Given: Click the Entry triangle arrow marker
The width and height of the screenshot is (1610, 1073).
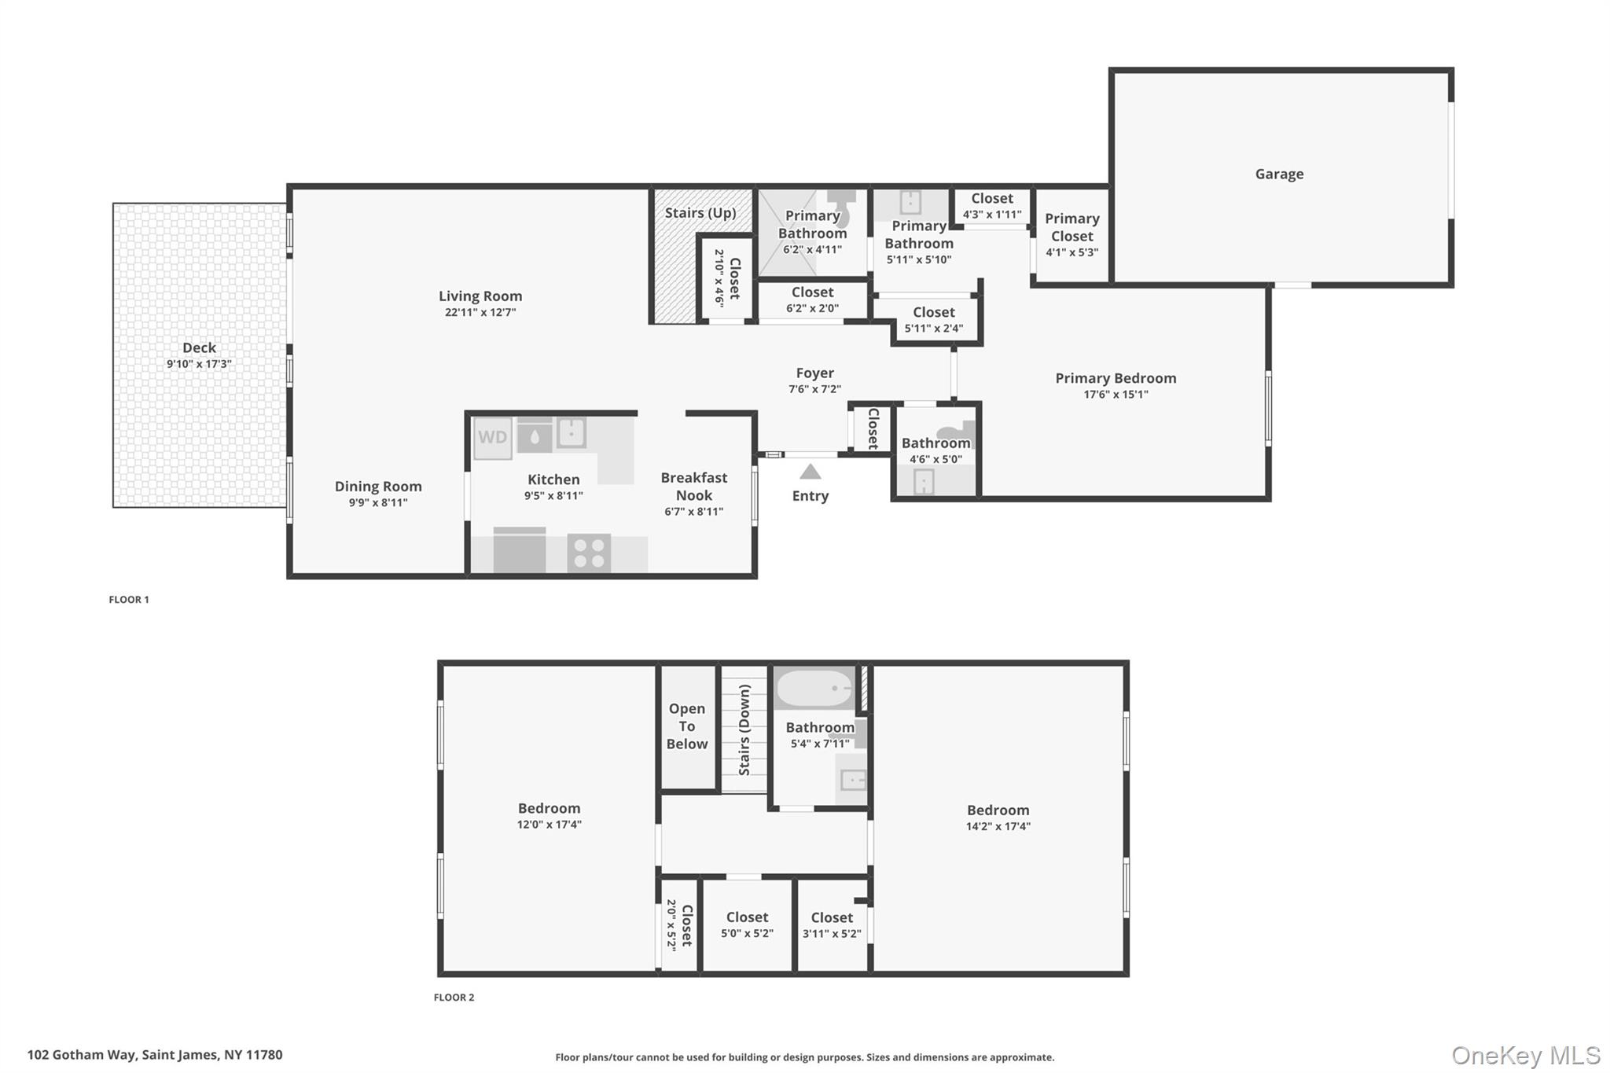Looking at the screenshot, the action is (811, 472).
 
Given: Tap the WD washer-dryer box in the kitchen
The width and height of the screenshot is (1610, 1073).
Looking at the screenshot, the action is (493, 438).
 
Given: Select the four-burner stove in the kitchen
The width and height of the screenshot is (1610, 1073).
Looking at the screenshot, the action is (589, 552).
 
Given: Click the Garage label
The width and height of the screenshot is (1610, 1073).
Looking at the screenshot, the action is (1279, 174).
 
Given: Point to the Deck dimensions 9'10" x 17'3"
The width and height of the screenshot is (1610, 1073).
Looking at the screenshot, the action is (199, 364).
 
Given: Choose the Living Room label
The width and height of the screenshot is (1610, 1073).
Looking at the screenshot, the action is (480, 296).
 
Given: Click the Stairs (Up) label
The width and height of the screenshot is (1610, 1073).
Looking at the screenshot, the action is (700, 213).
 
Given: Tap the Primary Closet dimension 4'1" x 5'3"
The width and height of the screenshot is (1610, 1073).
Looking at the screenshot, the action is (1071, 252).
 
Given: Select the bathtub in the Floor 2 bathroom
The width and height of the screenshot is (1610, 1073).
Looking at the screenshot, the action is (814, 689).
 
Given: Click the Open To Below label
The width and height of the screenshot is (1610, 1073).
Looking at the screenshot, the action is (687, 726).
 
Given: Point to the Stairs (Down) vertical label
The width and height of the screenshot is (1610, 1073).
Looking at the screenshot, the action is (744, 729).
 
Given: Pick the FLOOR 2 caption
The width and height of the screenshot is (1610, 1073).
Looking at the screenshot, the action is (454, 998).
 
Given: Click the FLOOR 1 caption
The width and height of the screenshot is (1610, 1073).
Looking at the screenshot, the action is (129, 600).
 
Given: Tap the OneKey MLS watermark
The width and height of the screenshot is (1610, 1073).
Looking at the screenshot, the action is (1526, 1055).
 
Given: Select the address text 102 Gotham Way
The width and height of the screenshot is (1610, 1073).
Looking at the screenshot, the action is (83, 1055).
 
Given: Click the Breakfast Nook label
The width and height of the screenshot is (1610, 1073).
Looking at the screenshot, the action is (694, 487).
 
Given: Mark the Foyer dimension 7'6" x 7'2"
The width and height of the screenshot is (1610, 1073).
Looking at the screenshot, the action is (815, 389).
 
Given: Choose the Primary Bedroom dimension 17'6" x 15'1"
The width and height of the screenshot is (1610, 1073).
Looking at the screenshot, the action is (1116, 395).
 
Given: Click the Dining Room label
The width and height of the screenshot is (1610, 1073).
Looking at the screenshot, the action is (378, 487).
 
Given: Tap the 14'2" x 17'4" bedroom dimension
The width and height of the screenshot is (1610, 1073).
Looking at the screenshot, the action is (998, 826).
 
